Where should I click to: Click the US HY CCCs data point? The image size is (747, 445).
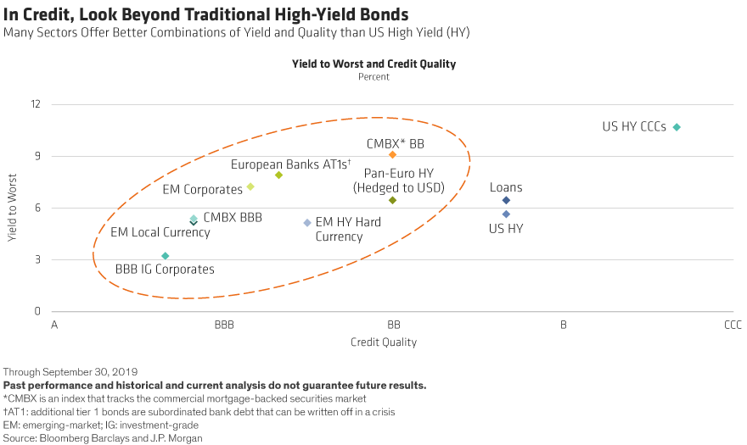coord(677,127)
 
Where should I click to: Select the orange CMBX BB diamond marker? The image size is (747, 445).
coord(392,155)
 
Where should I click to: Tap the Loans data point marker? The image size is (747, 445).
coord(506,200)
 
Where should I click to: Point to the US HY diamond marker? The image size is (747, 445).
coord(506,214)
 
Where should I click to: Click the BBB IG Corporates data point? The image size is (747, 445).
coord(166,256)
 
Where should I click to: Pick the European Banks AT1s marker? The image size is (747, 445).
coord(278,175)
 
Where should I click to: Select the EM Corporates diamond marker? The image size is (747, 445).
coord(250,186)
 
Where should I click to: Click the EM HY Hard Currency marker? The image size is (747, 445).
coord(307,223)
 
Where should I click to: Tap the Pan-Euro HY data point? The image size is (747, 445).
coord(392,200)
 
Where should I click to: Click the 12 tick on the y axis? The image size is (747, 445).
coord(35,104)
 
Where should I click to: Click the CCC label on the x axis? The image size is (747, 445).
coord(733,325)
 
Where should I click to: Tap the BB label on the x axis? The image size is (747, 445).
coord(393,325)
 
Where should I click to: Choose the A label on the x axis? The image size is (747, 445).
coord(53,325)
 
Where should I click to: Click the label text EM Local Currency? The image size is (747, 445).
coord(160,232)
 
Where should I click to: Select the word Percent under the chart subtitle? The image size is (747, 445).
coord(373,77)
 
